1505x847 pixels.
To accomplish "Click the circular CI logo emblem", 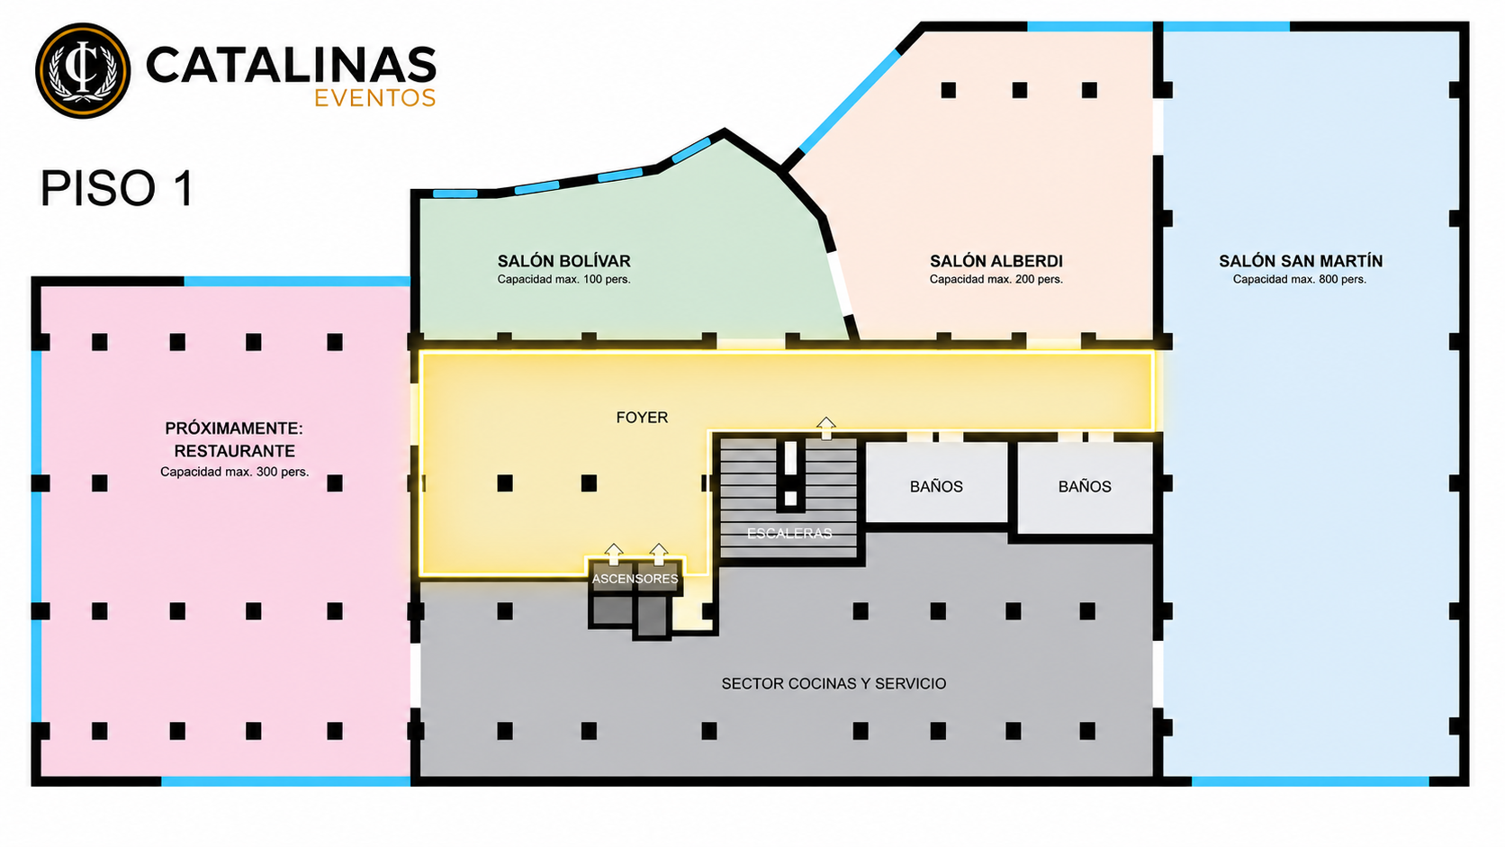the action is click(x=83, y=70).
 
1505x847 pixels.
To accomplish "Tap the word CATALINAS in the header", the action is click(x=291, y=65).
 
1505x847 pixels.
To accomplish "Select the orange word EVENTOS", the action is click(x=375, y=98).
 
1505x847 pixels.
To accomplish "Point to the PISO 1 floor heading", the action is click(x=118, y=188).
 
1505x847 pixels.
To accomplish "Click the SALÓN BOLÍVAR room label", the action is click(x=563, y=261).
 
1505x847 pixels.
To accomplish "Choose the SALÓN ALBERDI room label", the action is click(x=996, y=261).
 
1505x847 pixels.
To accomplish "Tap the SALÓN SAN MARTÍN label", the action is click(x=1301, y=261).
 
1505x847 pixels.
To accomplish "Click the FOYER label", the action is click(x=643, y=417).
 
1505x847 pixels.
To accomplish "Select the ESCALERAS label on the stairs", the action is click(x=789, y=534).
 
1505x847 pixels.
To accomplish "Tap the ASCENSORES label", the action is click(x=635, y=579).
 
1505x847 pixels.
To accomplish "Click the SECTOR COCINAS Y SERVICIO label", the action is click(x=834, y=683).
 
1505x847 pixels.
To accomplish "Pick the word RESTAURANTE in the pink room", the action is click(x=235, y=451).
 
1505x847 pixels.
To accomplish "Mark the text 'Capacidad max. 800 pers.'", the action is click(x=1300, y=279).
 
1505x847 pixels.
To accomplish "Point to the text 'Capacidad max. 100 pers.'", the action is click(x=563, y=279).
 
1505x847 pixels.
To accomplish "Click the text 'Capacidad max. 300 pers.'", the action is click(x=235, y=473).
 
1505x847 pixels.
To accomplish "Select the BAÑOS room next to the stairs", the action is click(x=937, y=483).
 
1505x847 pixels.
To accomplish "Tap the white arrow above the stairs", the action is click(x=825, y=428).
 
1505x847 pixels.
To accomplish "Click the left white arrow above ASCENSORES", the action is click(x=613, y=554).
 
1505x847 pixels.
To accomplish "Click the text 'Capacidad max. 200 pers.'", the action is click(x=996, y=279).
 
